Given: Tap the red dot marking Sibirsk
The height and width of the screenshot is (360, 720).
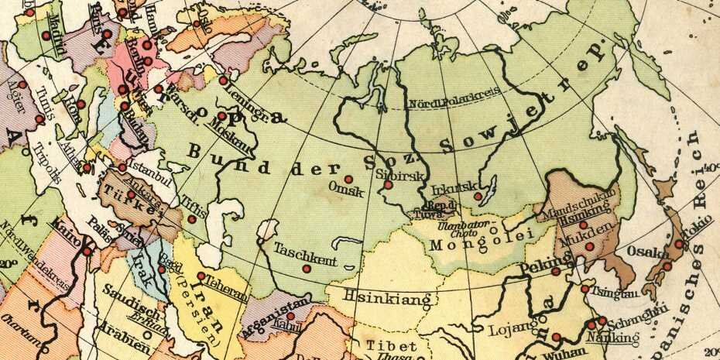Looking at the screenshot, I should coord(388,185).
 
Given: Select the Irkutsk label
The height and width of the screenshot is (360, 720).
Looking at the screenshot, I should coord(450,187).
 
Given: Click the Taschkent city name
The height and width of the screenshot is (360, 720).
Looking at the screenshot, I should coord(304,252).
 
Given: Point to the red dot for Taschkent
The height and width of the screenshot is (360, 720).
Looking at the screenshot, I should coord(306,269).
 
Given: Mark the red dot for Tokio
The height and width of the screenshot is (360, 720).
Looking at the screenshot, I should coord(679,244).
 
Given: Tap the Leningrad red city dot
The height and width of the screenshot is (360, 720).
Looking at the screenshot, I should coord(224,80).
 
